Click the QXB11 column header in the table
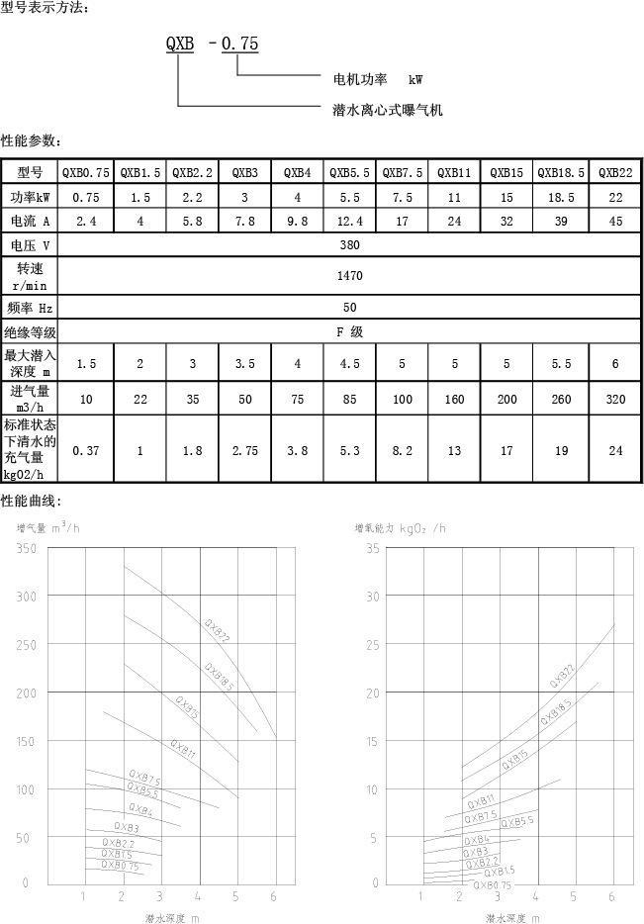(x=454, y=172)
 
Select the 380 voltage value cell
(x=350, y=245)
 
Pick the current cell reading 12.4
(x=350, y=222)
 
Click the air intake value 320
(x=615, y=398)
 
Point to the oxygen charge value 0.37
(x=86, y=450)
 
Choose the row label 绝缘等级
(x=31, y=332)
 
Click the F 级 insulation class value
(x=350, y=332)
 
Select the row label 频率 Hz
(x=31, y=308)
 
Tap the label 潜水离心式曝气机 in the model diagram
(x=387, y=110)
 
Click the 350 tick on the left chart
(x=26, y=549)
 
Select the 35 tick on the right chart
(x=371, y=549)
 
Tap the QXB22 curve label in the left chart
(x=217, y=630)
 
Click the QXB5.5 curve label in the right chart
(x=517, y=822)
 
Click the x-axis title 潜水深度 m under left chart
(x=172, y=918)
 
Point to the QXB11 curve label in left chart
(x=183, y=749)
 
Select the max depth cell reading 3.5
(x=244, y=364)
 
